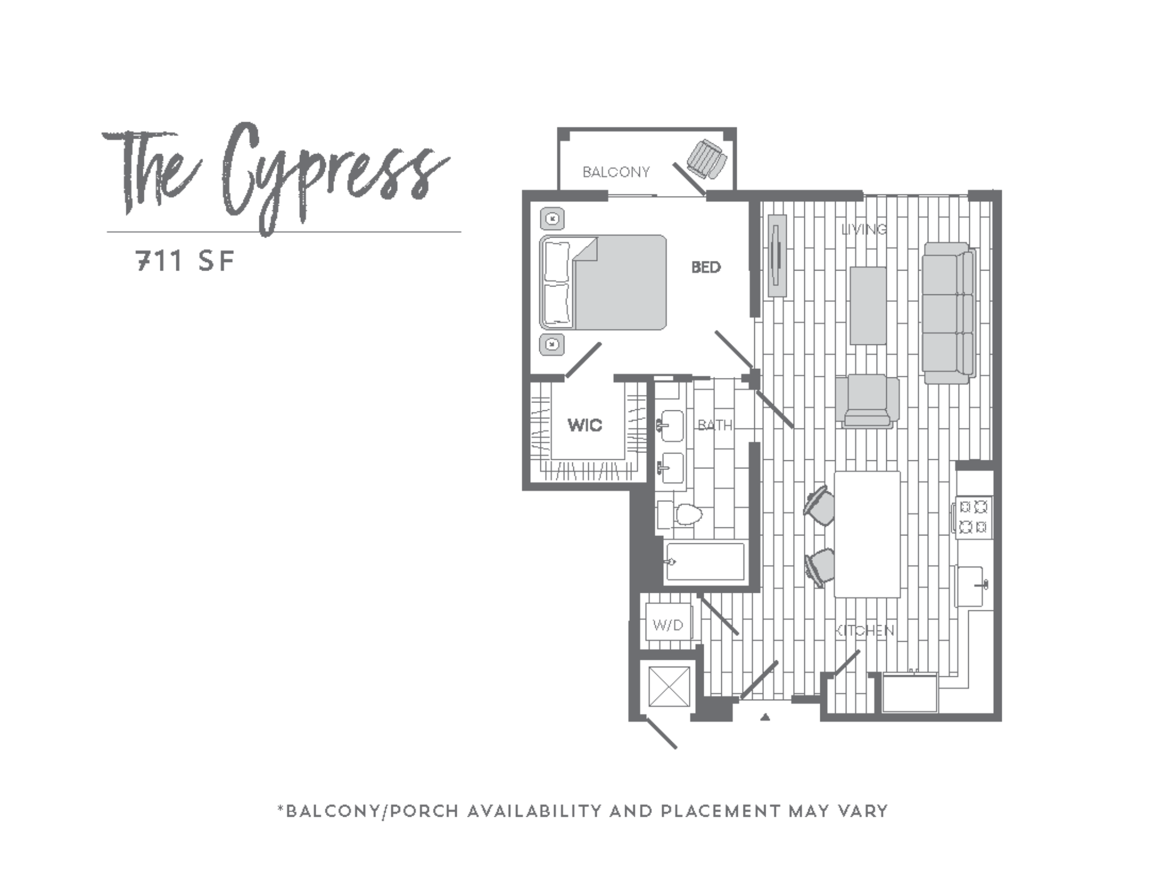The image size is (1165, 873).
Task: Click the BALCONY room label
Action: click(x=615, y=172)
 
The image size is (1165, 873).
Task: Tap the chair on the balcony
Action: click(x=707, y=160)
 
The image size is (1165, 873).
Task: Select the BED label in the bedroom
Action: click(x=705, y=267)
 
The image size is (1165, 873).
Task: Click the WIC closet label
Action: click(x=585, y=425)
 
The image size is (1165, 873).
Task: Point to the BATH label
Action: click(x=714, y=425)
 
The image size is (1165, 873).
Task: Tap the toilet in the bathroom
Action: click(x=686, y=516)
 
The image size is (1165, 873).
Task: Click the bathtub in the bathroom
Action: click(x=705, y=562)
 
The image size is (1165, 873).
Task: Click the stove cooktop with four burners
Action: click(x=973, y=516)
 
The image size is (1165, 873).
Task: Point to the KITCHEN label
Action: click(x=865, y=630)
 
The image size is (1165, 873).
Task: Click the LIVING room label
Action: click(x=864, y=230)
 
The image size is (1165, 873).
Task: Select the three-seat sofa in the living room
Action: click(x=948, y=313)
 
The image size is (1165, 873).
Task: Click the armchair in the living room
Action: click(x=867, y=400)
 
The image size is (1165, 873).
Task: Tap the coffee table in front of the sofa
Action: click(x=868, y=306)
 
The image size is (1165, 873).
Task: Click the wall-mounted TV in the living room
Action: click(x=776, y=255)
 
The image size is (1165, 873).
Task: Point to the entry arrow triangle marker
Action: click(x=765, y=717)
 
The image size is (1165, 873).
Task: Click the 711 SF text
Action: click(x=185, y=261)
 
